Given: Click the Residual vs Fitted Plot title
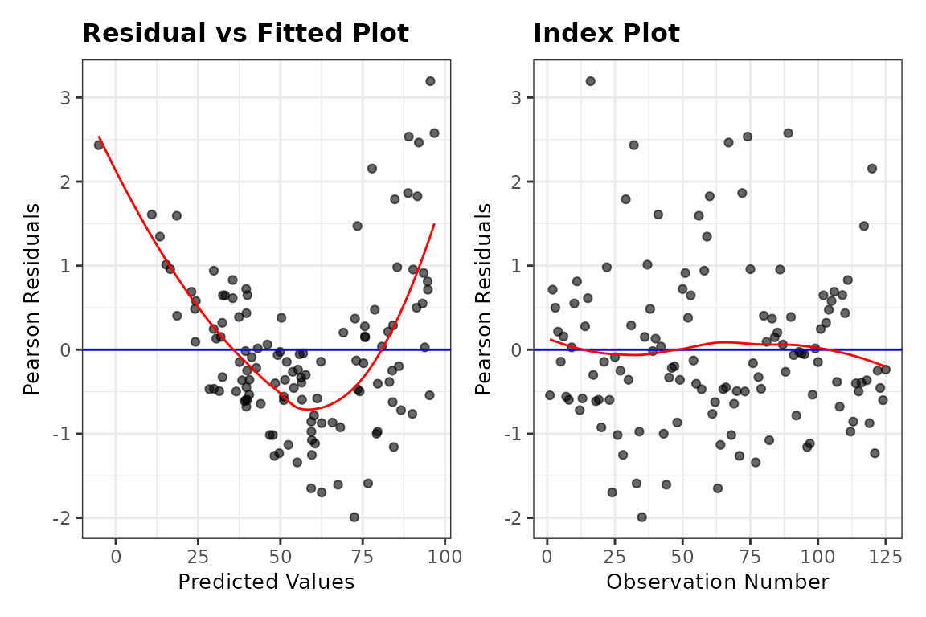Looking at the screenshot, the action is point(246,33).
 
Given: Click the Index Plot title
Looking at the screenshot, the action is point(607,33).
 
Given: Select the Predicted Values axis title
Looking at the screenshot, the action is point(266,582).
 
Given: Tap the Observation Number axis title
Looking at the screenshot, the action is point(718,582).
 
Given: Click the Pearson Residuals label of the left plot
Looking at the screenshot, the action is point(31,299).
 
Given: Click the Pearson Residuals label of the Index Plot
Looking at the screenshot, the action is point(483,299).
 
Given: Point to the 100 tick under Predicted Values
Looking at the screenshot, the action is point(445,556).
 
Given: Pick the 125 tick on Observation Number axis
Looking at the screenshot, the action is point(885,556).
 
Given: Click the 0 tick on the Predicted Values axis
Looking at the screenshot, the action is point(116,556).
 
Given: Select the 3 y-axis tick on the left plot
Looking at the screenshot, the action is point(65,97).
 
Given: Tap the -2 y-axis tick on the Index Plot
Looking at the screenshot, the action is point(512,518).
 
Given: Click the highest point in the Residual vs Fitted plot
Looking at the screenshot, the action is point(430,81).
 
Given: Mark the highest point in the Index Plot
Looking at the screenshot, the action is point(590,81).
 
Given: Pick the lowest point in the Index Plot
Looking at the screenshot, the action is point(641,517).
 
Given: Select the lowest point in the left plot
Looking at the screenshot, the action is point(354,517).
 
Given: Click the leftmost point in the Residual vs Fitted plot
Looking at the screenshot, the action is point(99,145).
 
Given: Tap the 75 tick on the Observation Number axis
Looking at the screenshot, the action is point(750,556).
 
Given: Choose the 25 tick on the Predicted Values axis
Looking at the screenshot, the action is point(198,556).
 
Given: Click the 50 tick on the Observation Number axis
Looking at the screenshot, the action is point(682,556).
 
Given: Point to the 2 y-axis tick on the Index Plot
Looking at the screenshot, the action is point(516,182).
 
